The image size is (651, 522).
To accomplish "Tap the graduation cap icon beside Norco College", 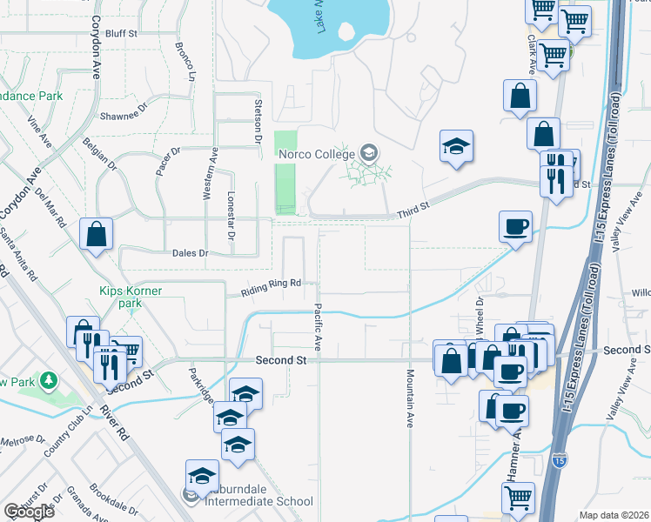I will [369, 154].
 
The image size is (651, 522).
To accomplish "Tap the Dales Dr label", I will [191, 253].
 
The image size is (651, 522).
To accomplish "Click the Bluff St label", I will [121, 33].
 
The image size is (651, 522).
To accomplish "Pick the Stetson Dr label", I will [258, 121].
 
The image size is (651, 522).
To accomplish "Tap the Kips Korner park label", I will [130, 297].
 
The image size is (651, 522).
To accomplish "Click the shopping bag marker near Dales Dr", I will [96, 234].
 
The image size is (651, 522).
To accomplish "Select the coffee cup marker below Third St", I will [515, 227].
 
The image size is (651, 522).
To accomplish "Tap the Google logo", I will [30, 512].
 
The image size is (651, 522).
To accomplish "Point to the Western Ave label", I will [212, 175].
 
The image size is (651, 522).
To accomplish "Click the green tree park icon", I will [49, 380].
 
